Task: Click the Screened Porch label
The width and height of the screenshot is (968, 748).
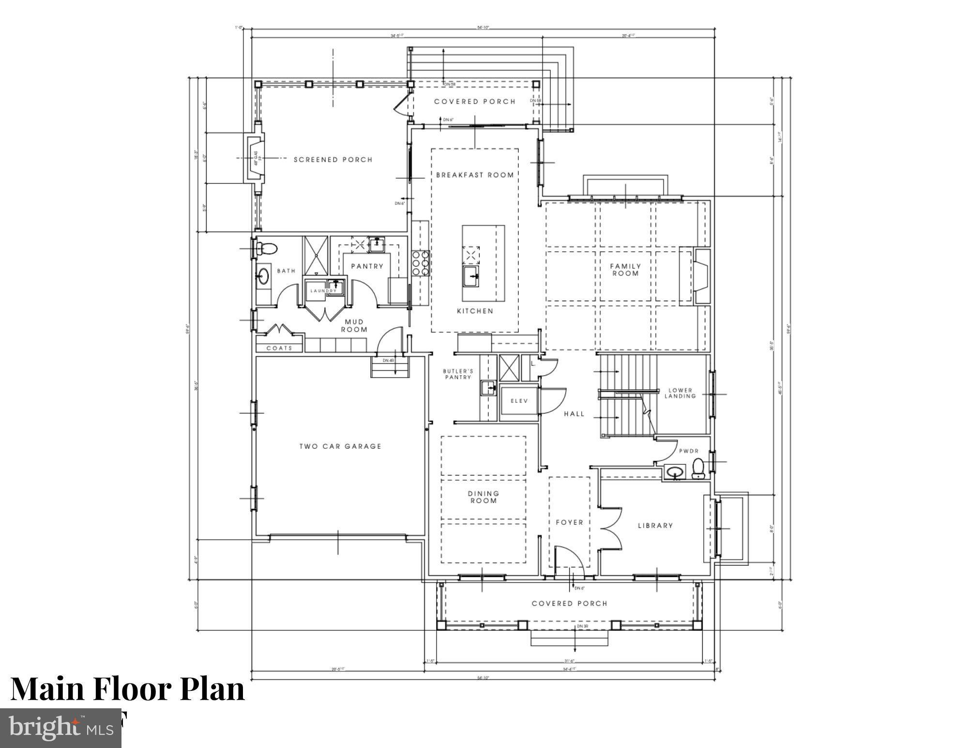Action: tap(333, 160)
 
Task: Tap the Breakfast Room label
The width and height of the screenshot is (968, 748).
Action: tap(475, 175)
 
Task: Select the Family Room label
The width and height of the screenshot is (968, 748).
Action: tap(625, 270)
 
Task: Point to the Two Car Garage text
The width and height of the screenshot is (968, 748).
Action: tap(340, 446)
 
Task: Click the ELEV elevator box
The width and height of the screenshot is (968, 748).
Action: tap(519, 401)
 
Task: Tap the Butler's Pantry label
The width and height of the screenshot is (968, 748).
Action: tap(458, 374)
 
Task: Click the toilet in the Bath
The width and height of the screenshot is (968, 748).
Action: tap(266, 249)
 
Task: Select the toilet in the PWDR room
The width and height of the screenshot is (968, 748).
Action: tap(698, 469)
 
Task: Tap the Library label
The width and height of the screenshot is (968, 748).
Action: tap(655, 525)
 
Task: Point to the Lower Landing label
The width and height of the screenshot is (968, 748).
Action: tap(680, 393)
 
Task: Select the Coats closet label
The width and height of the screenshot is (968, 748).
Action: tap(279, 348)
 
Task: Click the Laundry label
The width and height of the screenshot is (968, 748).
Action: tap(323, 291)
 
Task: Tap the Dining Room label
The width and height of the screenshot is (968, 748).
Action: tap(483, 497)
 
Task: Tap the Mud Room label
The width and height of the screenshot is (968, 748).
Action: tap(354, 325)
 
